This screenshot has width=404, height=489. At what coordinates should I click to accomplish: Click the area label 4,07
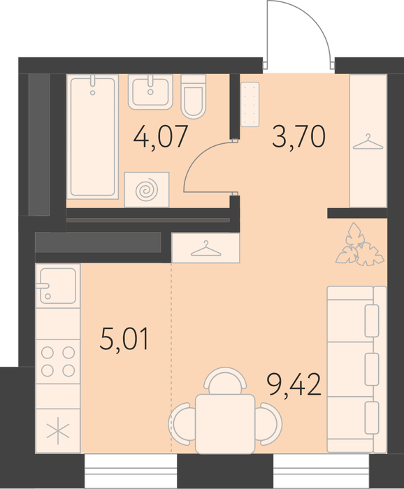click(x=161, y=137)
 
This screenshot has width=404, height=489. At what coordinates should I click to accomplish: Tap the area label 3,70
click(x=299, y=137)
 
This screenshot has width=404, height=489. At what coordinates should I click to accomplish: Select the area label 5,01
click(x=125, y=339)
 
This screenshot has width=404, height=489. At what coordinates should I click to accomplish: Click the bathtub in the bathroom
click(x=93, y=137)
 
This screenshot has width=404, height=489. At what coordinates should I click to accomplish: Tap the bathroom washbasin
click(x=151, y=92)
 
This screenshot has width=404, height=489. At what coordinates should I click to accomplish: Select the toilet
click(x=194, y=96)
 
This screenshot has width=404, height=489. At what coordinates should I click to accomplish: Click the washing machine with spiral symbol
click(x=147, y=189)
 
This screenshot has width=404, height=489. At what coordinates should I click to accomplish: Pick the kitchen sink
click(x=58, y=286)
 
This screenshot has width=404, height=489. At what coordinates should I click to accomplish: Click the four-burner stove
click(x=58, y=362)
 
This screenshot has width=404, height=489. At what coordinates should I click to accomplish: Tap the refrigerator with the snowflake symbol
click(x=58, y=431)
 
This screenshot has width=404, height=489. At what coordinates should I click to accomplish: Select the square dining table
click(x=225, y=423)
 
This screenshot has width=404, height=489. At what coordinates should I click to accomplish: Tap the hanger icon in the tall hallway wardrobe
click(x=368, y=142)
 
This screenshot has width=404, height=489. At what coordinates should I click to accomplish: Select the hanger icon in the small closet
click(x=206, y=249)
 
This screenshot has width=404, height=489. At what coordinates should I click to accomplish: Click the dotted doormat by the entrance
click(x=250, y=104)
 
